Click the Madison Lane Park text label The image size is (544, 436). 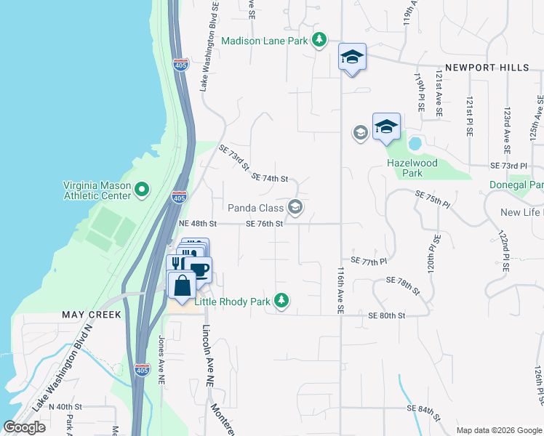[x=265, y=41]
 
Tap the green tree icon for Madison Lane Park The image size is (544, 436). [x=319, y=40]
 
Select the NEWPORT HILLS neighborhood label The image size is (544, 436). [x=487, y=68]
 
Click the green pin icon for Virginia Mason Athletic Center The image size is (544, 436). [x=142, y=190]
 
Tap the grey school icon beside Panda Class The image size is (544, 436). [x=295, y=208]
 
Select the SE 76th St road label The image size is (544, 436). [x=264, y=224]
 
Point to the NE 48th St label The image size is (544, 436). [x=199, y=224]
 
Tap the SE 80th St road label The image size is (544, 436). [x=386, y=315]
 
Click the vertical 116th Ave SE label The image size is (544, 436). [x=340, y=289]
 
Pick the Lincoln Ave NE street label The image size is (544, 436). [x=209, y=354]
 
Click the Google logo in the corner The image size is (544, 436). [x=24, y=427]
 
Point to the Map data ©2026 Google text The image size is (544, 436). [x=498, y=430]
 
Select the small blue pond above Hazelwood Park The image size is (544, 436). [x=415, y=142]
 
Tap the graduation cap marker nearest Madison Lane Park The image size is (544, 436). [x=353, y=57]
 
